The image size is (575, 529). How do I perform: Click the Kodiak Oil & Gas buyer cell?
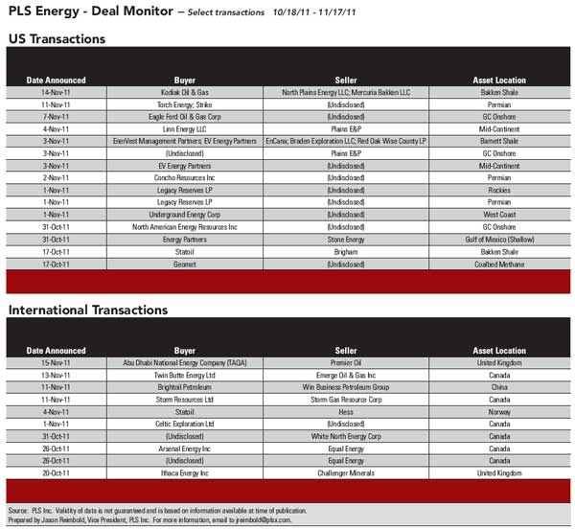(185, 92)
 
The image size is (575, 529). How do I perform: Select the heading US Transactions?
(56, 39)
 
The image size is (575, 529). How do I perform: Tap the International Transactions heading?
(88, 310)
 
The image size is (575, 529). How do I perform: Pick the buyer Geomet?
(185, 264)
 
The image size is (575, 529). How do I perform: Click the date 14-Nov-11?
(57, 92)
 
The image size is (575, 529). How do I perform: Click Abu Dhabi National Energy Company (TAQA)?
(185, 363)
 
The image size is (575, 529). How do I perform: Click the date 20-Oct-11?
(57, 472)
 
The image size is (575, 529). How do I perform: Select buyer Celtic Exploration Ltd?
(185, 424)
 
